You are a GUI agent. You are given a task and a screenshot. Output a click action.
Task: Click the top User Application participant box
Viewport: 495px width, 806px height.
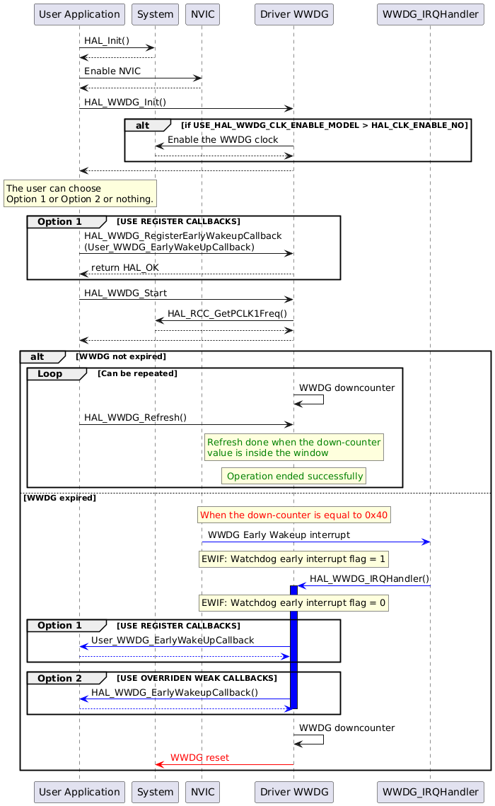click(x=79, y=14)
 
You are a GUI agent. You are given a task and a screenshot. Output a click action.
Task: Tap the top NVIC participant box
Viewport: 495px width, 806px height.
click(x=202, y=14)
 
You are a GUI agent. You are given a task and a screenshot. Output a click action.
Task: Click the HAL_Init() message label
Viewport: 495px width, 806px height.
click(x=107, y=41)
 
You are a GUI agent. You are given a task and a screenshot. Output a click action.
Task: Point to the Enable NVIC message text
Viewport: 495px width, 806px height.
click(x=112, y=71)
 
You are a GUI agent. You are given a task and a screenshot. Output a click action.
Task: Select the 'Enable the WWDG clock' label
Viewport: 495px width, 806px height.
click(x=223, y=140)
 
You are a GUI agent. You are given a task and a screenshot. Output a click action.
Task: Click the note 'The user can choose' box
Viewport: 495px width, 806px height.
click(x=79, y=194)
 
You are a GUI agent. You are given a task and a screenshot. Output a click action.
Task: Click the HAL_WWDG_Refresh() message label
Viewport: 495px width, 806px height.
click(x=135, y=418)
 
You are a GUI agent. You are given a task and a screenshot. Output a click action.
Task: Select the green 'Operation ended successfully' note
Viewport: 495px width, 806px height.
click(x=293, y=477)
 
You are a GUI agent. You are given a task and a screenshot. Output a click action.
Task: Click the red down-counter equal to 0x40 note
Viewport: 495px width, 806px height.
click(x=293, y=515)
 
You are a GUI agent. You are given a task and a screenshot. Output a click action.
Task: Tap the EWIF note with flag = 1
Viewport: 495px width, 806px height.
click(x=293, y=559)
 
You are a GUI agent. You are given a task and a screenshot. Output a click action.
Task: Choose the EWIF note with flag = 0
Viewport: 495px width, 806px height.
click(x=293, y=603)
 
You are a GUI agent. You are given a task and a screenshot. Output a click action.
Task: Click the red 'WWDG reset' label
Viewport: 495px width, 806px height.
click(x=199, y=758)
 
